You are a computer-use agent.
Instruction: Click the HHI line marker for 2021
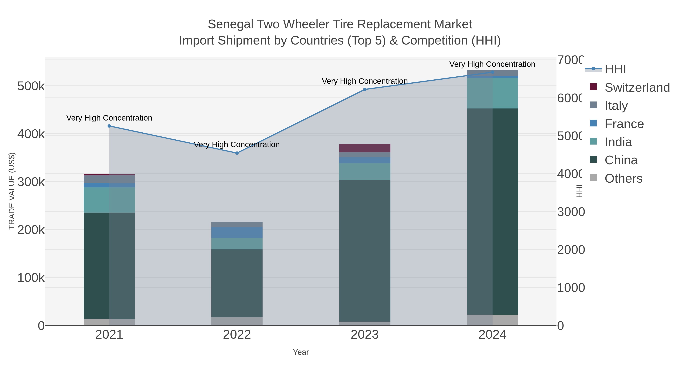(x=109, y=126)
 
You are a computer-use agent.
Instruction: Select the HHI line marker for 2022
(x=237, y=153)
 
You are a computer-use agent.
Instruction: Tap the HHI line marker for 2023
(x=365, y=90)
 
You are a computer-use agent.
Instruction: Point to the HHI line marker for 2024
(x=492, y=72)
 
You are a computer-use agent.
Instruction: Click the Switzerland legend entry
(x=637, y=88)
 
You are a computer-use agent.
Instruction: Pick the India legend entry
(x=618, y=142)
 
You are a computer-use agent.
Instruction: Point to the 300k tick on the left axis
(x=31, y=182)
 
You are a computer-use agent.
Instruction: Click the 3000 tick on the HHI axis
(x=571, y=212)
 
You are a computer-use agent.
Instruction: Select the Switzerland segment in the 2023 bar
(x=365, y=148)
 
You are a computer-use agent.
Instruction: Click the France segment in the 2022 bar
(x=237, y=233)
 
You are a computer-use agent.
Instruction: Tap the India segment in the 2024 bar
(x=492, y=93)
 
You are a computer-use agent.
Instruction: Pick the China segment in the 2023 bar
(x=365, y=251)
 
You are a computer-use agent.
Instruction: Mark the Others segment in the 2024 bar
(x=492, y=320)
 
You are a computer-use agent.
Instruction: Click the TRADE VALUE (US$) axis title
(x=12, y=191)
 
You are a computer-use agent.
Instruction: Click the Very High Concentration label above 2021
(x=109, y=118)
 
